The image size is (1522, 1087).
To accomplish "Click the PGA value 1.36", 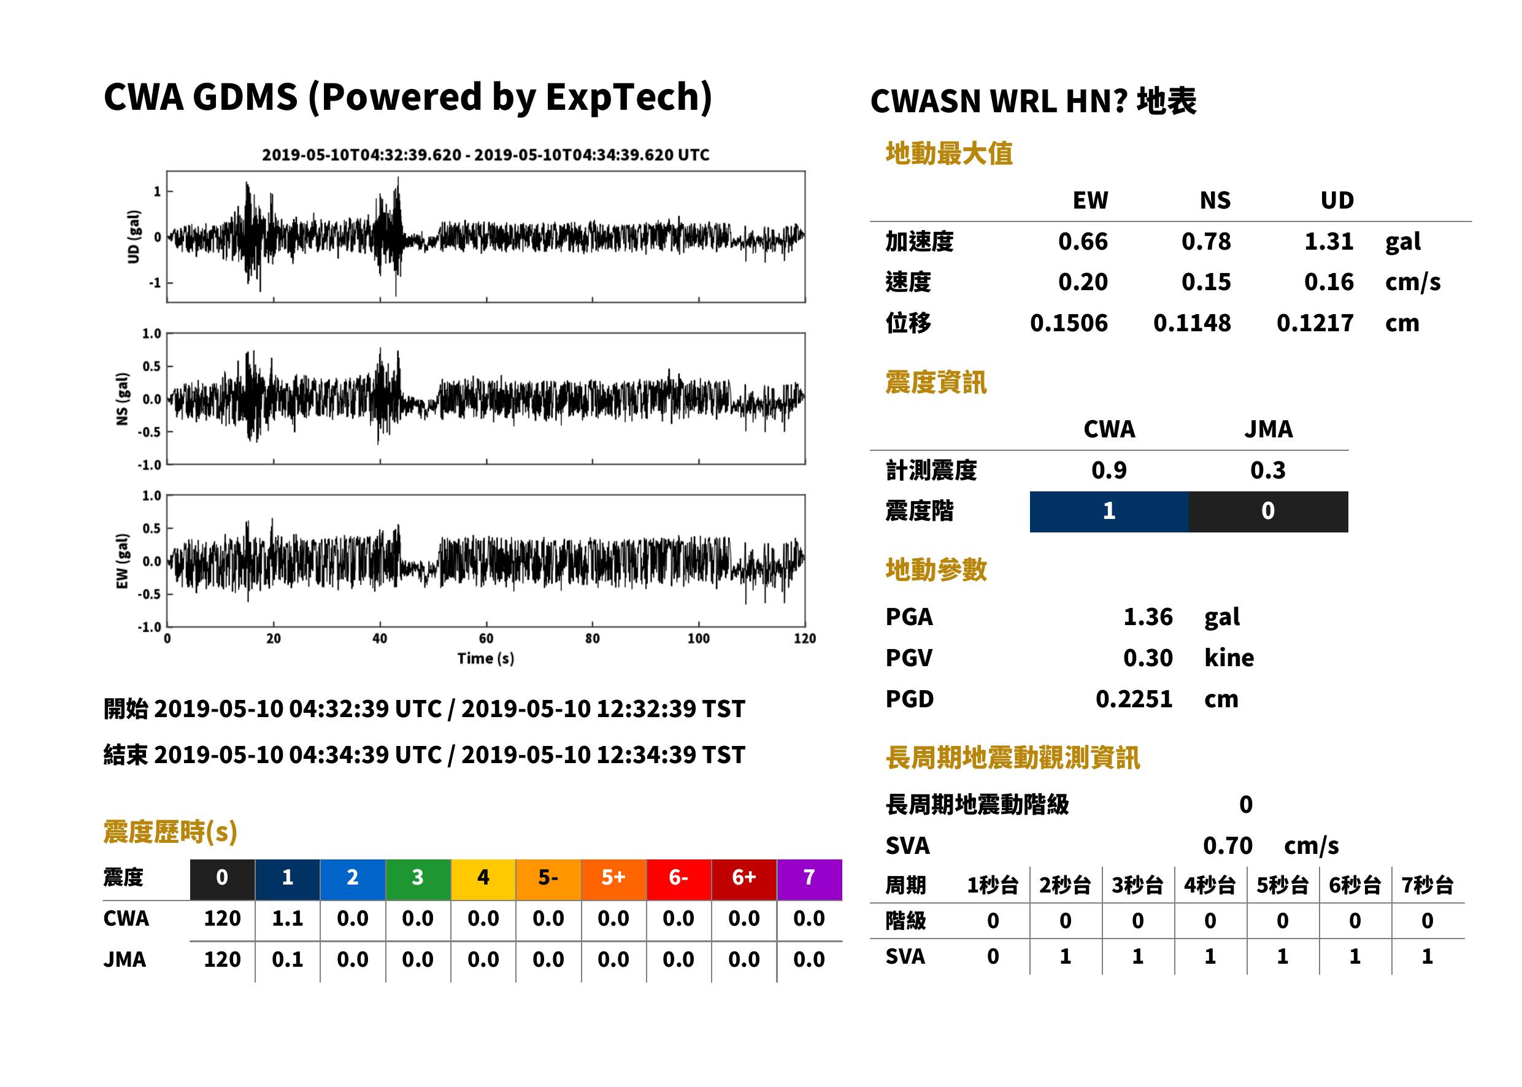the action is [x=1148, y=616].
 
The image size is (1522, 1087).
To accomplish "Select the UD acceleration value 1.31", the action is [x=1329, y=241].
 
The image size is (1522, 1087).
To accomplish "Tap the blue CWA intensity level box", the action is [x=1109, y=512].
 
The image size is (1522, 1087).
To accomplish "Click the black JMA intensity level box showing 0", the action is [x=1269, y=512].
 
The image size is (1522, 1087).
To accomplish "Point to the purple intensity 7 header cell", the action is [x=809, y=879].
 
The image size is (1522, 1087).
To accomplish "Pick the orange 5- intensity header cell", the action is [x=548, y=879].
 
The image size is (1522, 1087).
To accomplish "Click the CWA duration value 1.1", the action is [x=287, y=918].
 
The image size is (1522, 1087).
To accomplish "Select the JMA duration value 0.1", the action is [x=287, y=959].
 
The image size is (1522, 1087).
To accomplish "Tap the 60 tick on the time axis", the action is [x=486, y=639].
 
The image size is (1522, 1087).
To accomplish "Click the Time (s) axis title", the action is [x=486, y=659].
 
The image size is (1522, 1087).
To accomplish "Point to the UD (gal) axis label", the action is [x=134, y=237].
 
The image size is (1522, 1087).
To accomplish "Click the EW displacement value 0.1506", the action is [x=1069, y=323].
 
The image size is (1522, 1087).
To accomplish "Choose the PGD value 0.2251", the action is [x=1134, y=699].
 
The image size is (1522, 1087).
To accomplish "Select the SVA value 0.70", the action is [x=1228, y=845].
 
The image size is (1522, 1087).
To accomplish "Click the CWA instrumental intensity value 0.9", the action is [x=1109, y=470].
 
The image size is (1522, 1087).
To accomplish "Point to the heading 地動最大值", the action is [x=949, y=153].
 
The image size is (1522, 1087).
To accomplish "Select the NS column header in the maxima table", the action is [x=1215, y=200].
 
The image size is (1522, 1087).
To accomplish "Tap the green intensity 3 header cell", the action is [x=418, y=879].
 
